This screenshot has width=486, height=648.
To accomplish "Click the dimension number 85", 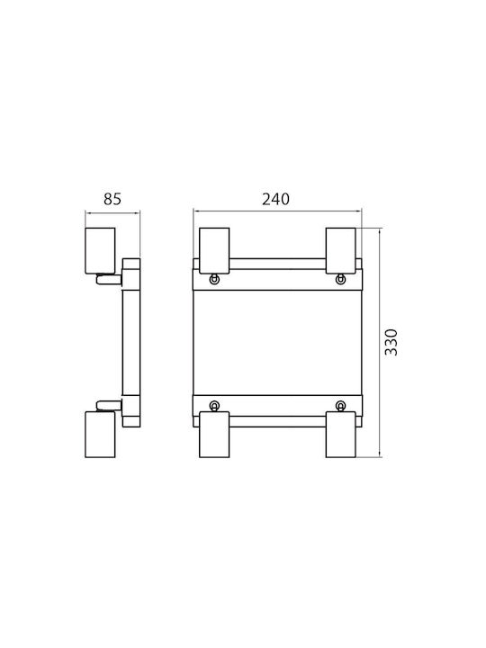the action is (x=112, y=199).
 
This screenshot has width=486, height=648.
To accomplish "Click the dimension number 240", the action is (x=275, y=199).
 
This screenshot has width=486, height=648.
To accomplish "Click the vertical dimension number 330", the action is (x=391, y=342).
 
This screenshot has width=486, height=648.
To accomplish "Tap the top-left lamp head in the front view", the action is (x=214, y=250).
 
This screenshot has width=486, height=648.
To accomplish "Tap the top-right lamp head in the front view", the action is (x=340, y=250).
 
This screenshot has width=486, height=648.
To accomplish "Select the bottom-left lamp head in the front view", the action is (x=214, y=435).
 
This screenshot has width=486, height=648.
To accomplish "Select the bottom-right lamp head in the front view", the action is (x=340, y=435).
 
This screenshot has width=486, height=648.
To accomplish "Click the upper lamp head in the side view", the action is (x=100, y=250).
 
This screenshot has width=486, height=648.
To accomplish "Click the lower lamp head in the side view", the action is (x=100, y=435).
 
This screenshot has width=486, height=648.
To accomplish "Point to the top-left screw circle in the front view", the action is (x=214, y=280).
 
